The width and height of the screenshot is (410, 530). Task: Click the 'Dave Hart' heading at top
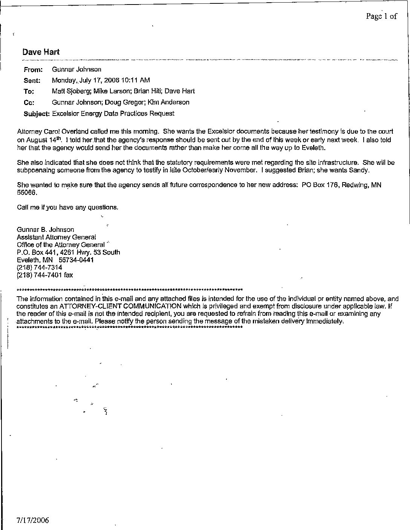(x=41, y=52)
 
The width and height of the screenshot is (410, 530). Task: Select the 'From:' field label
(x=33, y=70)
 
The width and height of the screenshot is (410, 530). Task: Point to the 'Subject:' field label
(x=37, y=114)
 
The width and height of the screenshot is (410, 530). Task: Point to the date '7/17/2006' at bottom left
(x=33, y=521)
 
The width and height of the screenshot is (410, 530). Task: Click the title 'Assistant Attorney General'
(x=57, y=237)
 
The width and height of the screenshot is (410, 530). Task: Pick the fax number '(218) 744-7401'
(x=40, y=275)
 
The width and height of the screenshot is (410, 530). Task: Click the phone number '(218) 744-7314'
(x=40, y=267)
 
